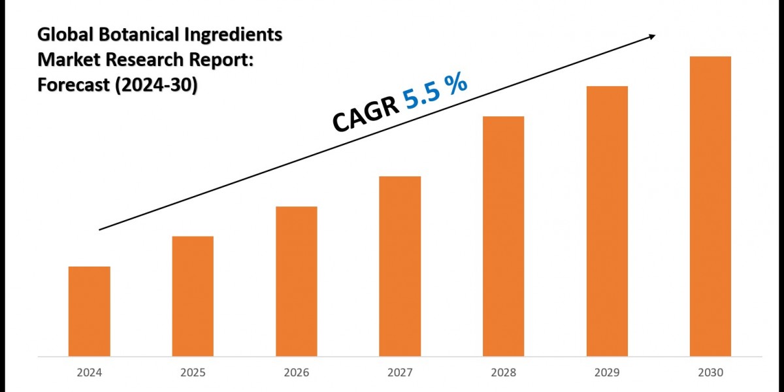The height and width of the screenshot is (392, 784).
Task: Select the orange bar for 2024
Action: (89, 311)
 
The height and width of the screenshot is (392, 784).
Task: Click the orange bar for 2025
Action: (193, 296)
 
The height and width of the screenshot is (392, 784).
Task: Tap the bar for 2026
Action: (296, 281)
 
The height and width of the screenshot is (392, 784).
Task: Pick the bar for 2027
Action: (400, 266)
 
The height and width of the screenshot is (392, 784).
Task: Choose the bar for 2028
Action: (503, 236)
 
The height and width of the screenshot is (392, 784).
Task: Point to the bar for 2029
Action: (607, 221)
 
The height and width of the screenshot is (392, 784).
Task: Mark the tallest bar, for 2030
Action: (710, 206)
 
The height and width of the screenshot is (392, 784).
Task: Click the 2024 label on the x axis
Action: (89, 372)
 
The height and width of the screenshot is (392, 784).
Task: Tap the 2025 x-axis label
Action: (193, 372)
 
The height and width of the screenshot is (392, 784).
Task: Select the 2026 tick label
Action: (296, 372)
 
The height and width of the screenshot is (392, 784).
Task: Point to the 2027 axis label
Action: (400, 372)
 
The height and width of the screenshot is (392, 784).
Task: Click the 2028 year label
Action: (503, 372)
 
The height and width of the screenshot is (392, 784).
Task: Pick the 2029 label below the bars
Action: (607, 372)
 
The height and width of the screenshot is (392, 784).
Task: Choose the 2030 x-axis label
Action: (710, 372)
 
